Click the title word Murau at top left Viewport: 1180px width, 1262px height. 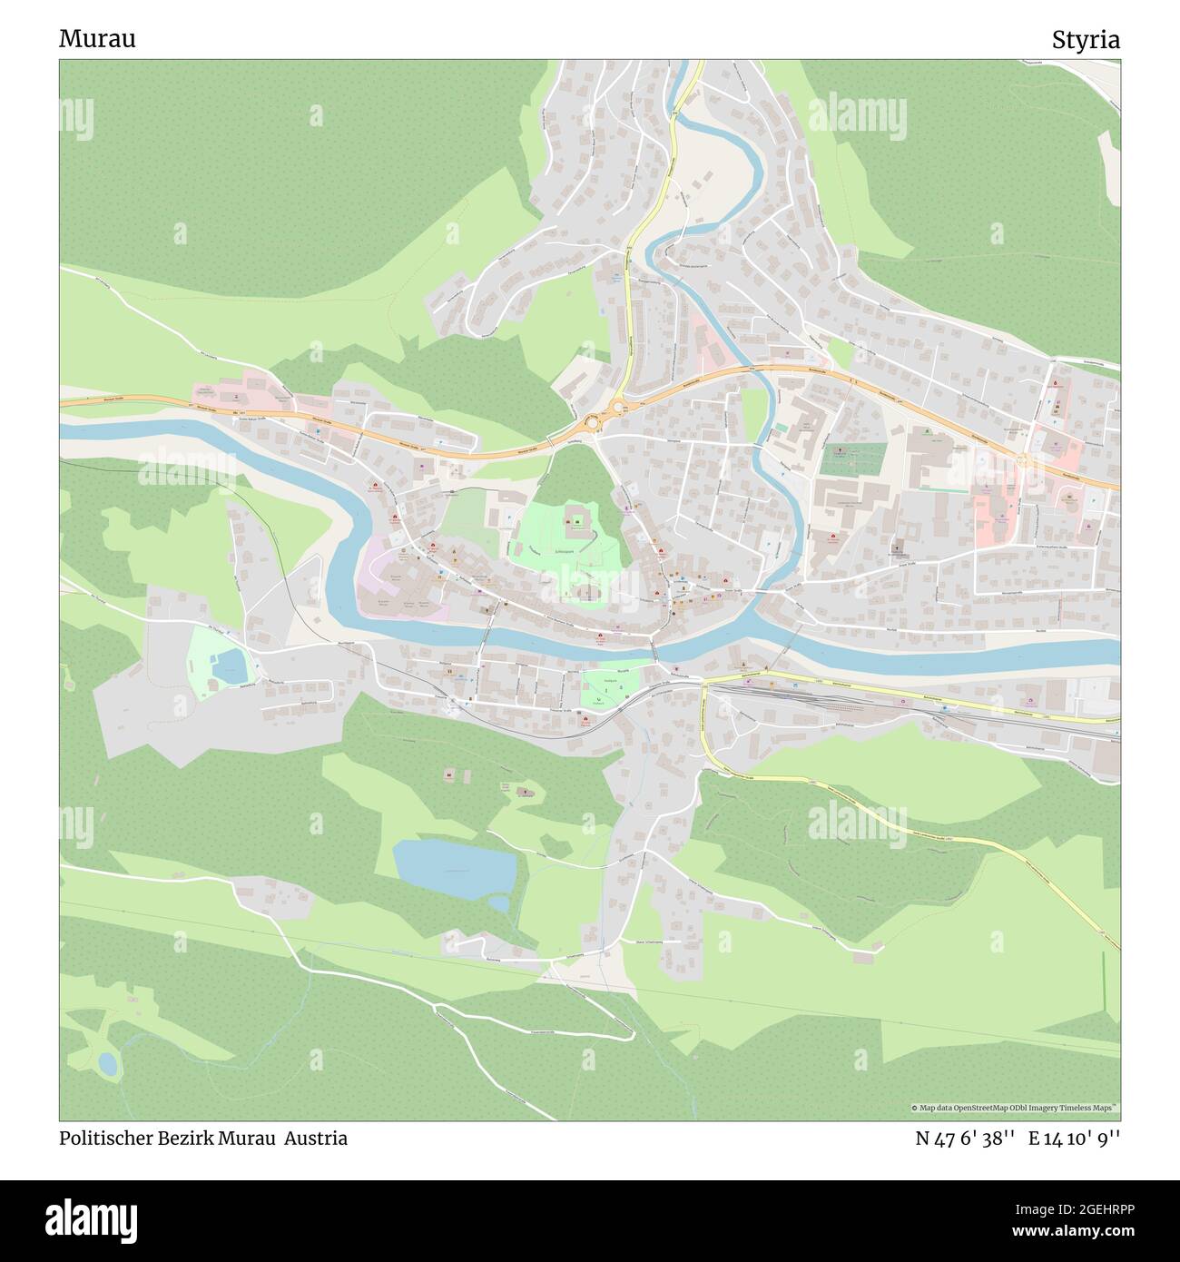click(97, 39)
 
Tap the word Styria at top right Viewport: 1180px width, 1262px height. click(1086, 39)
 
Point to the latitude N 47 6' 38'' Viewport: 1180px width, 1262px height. click(965, 1138)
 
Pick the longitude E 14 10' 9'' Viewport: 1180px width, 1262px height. click(1075, 1138)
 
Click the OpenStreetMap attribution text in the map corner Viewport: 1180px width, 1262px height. click(1015, 1108)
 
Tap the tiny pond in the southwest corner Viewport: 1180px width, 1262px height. click(108, 1064)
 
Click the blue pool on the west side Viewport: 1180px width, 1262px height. click(229, 667)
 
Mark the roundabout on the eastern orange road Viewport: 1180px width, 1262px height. click(1023, 460)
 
